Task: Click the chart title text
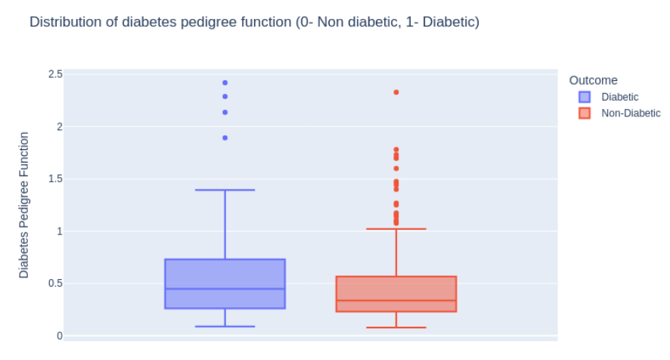254,22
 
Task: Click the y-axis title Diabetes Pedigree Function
24,205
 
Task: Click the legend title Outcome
593,80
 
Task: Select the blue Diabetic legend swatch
585,97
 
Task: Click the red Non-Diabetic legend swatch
585,113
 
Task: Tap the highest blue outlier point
225,82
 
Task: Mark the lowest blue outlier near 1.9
225,138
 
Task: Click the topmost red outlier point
396,92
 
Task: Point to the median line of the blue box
225,289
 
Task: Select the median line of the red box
396,301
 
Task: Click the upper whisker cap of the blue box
225,190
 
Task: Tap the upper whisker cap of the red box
396,228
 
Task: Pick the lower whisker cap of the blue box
225,327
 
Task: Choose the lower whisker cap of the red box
396,327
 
